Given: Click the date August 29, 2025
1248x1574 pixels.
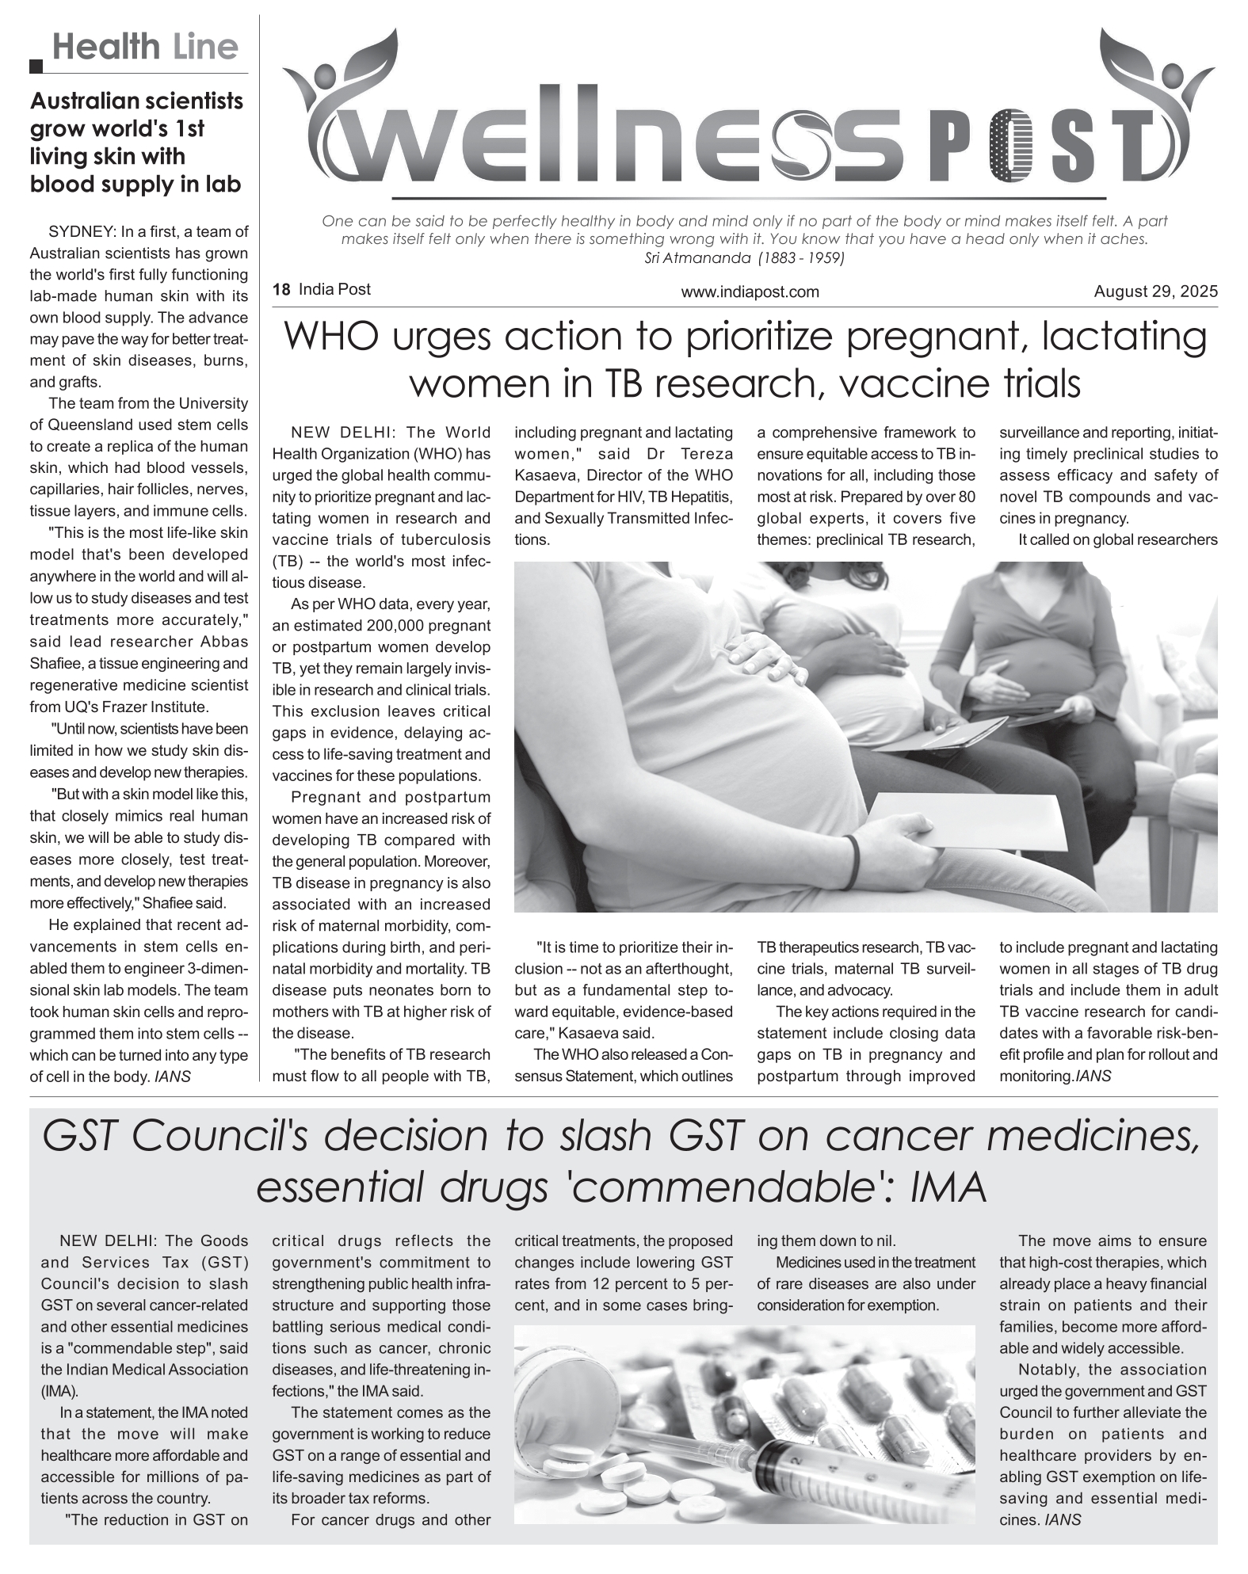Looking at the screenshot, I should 1155,292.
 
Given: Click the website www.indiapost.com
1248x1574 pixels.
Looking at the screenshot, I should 750,292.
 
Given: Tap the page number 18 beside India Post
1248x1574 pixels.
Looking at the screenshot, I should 281,290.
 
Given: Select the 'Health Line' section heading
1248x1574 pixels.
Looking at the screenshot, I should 145,48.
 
